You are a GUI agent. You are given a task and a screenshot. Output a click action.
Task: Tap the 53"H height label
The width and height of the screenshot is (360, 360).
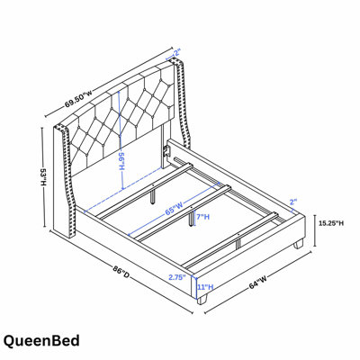43,177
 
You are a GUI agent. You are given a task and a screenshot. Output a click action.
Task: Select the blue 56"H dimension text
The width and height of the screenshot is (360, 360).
122,162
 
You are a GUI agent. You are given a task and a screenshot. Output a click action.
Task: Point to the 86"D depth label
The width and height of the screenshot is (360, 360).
121,273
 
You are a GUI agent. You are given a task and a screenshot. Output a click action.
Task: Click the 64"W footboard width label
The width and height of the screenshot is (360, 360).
258,282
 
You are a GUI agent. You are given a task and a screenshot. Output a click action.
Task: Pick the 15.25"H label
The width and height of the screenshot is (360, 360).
331,223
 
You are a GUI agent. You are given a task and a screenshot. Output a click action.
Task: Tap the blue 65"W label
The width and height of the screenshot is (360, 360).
174,208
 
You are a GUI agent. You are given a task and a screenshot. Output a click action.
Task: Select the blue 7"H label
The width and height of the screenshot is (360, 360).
203,217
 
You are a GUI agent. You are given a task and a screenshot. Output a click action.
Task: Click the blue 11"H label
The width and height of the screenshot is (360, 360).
205,287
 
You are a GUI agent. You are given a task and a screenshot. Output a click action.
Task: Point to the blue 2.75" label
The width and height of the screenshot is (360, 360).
177,277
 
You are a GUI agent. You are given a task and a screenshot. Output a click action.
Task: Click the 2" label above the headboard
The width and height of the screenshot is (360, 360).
176,53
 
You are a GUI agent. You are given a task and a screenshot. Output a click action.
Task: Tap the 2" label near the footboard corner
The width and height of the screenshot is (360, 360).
293,202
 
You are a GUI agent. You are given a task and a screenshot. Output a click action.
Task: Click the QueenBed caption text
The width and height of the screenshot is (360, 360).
41,341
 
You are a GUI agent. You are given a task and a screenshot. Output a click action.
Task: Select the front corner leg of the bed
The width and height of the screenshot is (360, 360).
202,300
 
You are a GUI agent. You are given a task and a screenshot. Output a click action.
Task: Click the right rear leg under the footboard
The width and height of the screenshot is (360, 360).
299,244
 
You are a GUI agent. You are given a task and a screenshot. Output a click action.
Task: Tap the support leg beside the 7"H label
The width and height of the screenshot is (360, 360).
191,219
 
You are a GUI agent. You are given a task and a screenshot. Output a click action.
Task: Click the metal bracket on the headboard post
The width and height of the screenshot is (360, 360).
166,149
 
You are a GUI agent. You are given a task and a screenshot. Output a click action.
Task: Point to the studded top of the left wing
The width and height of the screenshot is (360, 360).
61,128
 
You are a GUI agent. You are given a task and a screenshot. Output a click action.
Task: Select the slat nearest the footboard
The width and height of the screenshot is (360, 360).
230,239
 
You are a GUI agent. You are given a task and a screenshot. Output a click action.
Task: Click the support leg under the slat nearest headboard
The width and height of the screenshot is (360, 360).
153,194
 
